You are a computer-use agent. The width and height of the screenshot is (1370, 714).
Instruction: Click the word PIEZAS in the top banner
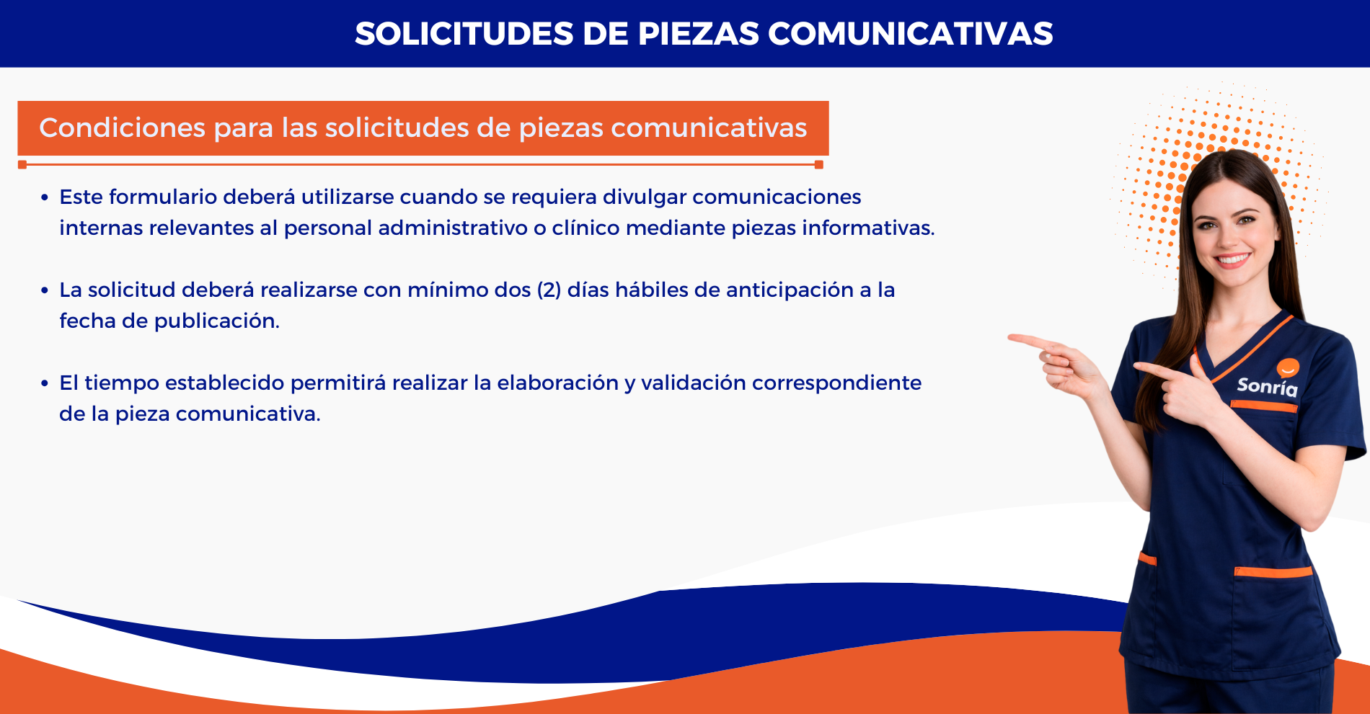click(x=699, y=34)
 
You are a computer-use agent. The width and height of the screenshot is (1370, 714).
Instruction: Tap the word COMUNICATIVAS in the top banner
click(x=911, y=34)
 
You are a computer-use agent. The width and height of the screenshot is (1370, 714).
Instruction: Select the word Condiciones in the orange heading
click(x=123, y=128)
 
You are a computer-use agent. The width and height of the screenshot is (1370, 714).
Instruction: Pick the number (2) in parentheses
click(x=549, y=290)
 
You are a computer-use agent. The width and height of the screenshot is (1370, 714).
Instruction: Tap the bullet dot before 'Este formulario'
click(x=45, y=197)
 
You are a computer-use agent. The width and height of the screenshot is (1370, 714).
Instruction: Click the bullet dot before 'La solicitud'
click(x=45, y=290)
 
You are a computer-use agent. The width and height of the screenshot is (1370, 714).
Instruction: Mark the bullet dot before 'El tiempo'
click(x=45, y=383)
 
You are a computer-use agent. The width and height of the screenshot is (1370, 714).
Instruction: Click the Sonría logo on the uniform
click(x=1268, y=380)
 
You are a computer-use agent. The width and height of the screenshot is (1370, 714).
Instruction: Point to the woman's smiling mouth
click(x=1232, y=259)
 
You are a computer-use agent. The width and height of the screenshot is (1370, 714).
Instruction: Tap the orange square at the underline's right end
click(x=818, y=165)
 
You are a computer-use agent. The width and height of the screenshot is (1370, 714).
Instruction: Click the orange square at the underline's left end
click(x=22, y=165)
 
